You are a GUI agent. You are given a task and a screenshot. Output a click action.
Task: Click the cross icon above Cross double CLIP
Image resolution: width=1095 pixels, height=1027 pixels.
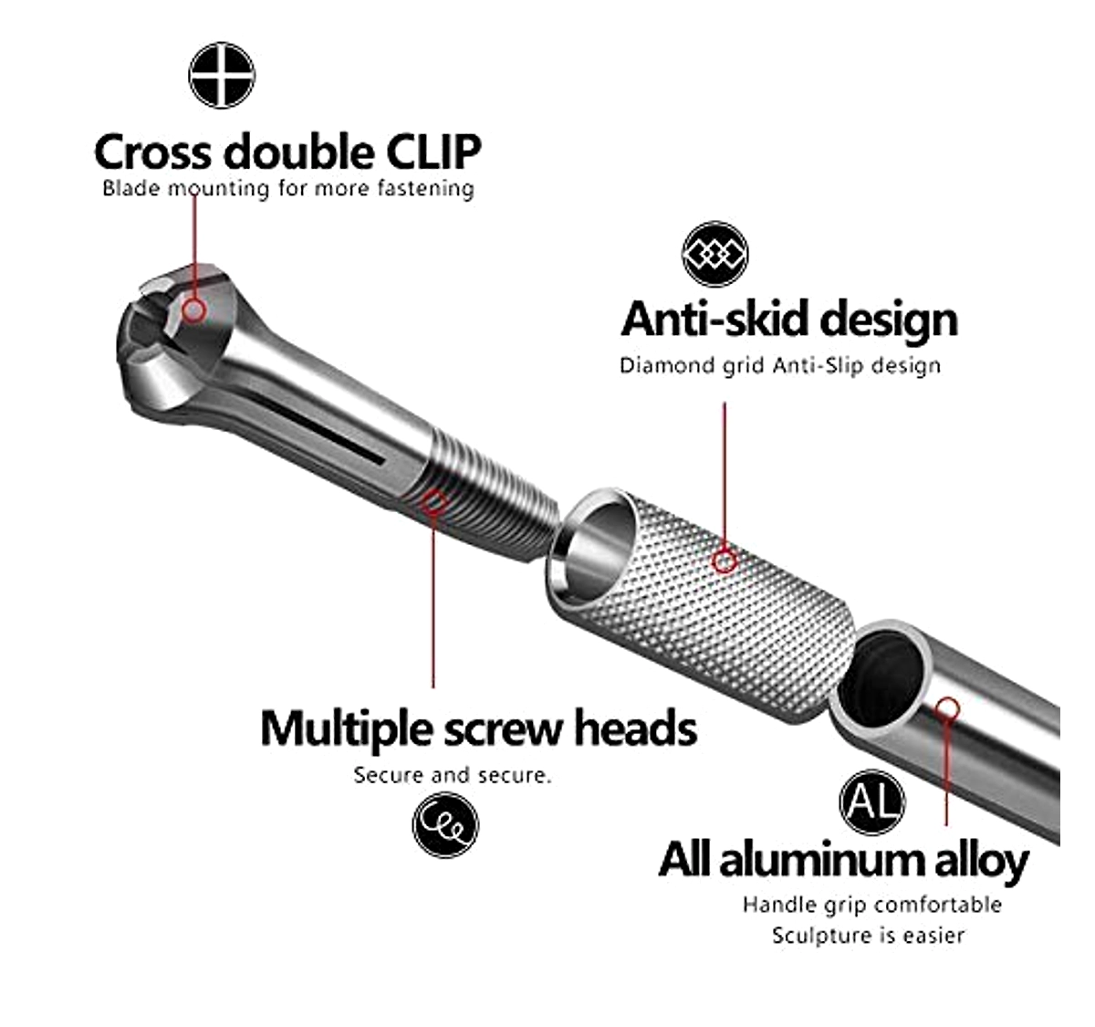click(x=222, y=75)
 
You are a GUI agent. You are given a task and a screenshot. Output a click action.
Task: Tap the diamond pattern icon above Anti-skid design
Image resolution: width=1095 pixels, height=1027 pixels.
click(x=715, y=254)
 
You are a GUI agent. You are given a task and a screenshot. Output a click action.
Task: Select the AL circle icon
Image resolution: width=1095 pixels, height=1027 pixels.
click(x=871, y=802)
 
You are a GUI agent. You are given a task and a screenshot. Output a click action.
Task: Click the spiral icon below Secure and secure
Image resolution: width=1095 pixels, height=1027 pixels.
click(x=445, y=824)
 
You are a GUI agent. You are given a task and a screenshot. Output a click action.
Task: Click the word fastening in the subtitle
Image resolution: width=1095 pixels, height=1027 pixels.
click(x=425, y=189)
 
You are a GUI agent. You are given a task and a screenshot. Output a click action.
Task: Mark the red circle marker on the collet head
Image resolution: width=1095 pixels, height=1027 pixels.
click(x=193, y=310)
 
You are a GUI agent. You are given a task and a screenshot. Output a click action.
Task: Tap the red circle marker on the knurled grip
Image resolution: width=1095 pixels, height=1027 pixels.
click(x=725, y=561)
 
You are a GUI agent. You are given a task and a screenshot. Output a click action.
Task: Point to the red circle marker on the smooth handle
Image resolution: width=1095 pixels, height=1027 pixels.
click(x=948, y=709)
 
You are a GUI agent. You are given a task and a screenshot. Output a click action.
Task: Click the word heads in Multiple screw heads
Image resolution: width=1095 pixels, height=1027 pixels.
click(x=636, y=728)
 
